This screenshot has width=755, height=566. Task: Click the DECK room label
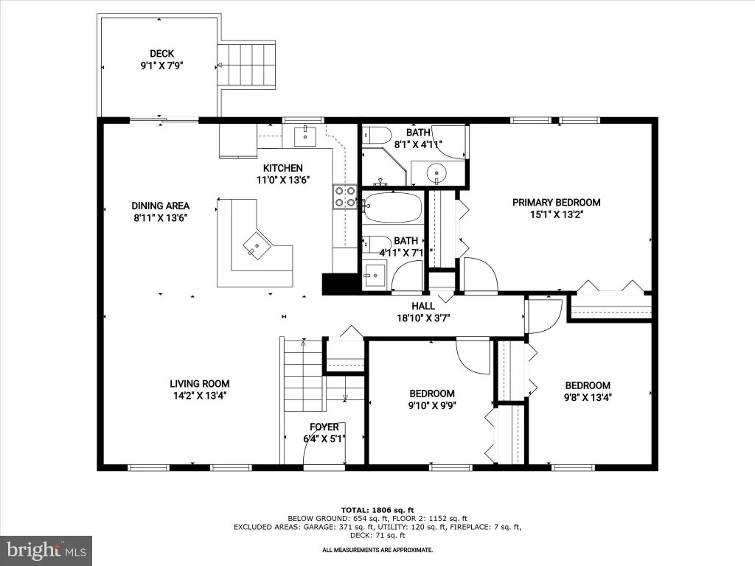(161, 53)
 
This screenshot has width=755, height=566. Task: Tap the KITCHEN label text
(282, 168)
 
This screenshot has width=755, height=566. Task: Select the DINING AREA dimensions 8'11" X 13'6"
(160, 217)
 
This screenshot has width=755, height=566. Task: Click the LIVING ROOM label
(199, 383)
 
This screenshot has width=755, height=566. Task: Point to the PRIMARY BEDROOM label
(556, 203)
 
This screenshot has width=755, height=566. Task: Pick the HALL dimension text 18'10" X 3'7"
(423, 318)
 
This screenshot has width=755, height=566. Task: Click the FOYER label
(324, 427)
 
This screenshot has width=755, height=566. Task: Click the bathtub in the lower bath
(392, 207)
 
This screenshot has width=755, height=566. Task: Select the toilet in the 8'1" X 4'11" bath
(376, 136)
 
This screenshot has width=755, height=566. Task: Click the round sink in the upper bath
(437, 172)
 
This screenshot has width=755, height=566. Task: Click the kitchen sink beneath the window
(305, 136)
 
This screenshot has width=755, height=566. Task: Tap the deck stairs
(246, 65)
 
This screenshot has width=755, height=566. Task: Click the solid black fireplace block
(339, 284)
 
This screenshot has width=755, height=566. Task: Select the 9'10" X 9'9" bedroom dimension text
(432, 405)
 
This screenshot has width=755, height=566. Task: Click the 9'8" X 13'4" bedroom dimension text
(588, 397)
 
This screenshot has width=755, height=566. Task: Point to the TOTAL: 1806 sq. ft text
(377, 510)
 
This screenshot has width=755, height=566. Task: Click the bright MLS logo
(46, 551)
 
